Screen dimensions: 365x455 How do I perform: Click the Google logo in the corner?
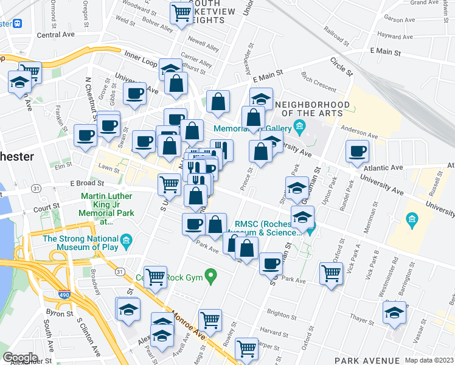tap(19, 358)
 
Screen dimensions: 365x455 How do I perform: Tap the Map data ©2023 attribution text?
tap(429, 360)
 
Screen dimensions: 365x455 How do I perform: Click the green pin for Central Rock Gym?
tap(211, 278)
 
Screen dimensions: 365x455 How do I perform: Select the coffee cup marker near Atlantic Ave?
tap(357, 151)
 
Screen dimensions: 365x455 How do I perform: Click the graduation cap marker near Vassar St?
tap(394, 313)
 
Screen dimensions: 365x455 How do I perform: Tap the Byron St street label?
tap(60, 313)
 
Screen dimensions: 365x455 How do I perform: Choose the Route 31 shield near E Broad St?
tap(37, 189)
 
